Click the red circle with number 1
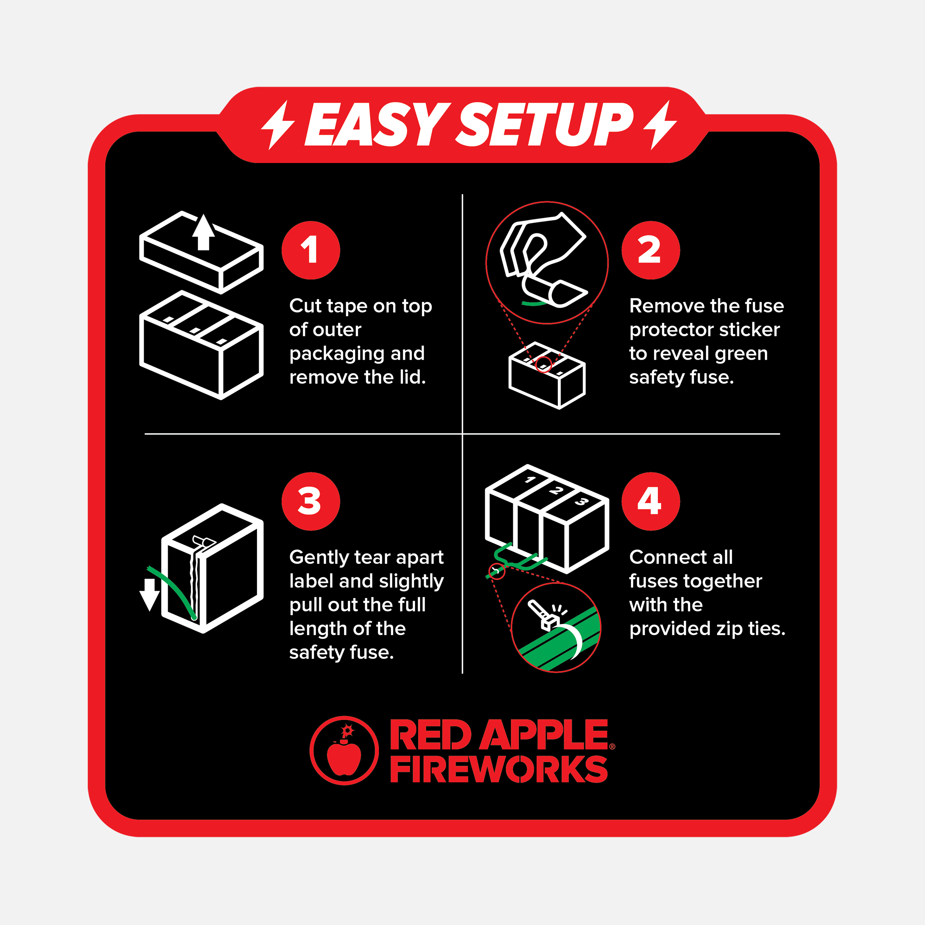[x=311, y=250]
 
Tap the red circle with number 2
[x=651, y=250]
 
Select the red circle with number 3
[x=311, y=501]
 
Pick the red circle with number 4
[x=651, y=501]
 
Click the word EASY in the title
[x=377, y=125]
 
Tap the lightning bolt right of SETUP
[x=660, y=125]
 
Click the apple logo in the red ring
[x=344, y=750]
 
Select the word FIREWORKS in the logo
[x=499, y=769]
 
